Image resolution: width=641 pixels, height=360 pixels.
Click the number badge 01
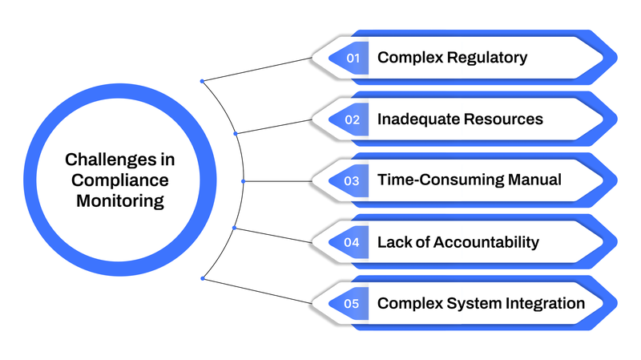(x=353, y=58)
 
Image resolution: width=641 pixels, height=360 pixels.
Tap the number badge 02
(x=353, y=119)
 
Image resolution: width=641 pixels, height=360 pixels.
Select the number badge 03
(x=353, y=180)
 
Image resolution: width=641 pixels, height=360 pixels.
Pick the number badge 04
(x=353, y=242)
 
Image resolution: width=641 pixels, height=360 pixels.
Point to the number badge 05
(x=353, y=304)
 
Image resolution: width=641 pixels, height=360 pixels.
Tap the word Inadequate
(x=414, y=119)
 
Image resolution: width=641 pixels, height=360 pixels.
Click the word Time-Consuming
(x=441, y=180)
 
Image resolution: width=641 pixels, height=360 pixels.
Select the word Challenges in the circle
(x=120, y=160)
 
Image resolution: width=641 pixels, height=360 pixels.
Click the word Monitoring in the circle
(x=120, y=200)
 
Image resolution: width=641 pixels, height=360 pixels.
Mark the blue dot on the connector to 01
(x=202, y=80)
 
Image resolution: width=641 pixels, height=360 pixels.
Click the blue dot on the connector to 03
(x=244, y=180)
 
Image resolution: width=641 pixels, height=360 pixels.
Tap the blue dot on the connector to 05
(x=203, y=278)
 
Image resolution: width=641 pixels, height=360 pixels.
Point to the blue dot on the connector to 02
(x=236, y=133)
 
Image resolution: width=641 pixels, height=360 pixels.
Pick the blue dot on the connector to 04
(x=234, y=228)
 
